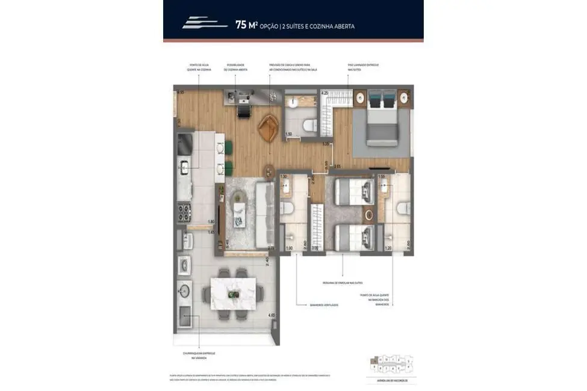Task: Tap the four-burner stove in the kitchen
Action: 183,212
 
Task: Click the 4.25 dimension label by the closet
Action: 325,93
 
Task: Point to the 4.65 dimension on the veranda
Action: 272,315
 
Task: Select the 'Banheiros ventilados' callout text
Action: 325,305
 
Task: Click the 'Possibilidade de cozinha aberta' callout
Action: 235,67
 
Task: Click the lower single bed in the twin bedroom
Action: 354,236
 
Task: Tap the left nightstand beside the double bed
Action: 360,97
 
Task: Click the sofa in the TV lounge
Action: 263,215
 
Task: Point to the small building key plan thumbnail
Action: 391,364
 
